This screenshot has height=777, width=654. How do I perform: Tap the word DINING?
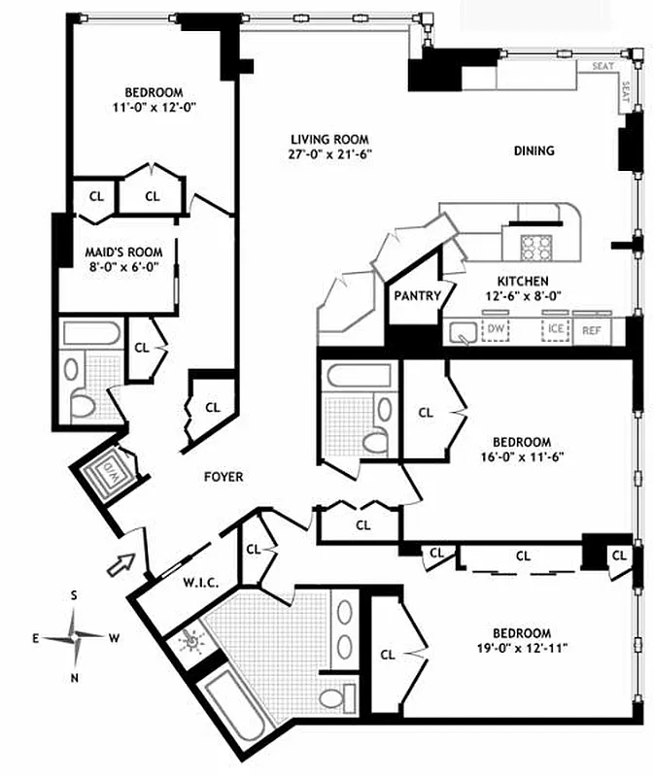coord(534,151)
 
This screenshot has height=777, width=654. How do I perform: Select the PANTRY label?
coord(418,296)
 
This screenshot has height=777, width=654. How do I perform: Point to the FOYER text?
coord(224,477)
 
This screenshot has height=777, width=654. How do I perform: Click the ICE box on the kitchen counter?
coord(555,328)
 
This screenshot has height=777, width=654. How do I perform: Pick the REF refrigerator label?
coord(591,330)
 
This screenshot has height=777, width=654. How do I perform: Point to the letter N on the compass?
coord(74,678)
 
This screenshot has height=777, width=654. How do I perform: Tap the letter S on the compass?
coord(74,594)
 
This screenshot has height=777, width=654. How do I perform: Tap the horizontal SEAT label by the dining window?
coord(603,67)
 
